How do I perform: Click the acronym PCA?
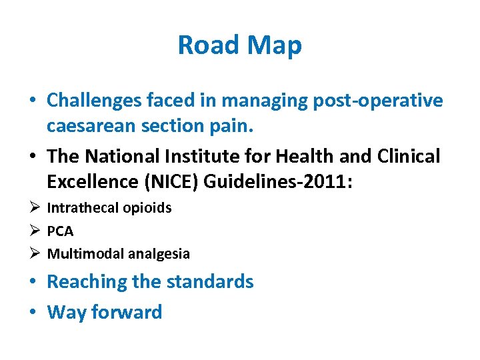click(x=60, y=231)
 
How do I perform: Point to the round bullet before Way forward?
click(x=33, y=312)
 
